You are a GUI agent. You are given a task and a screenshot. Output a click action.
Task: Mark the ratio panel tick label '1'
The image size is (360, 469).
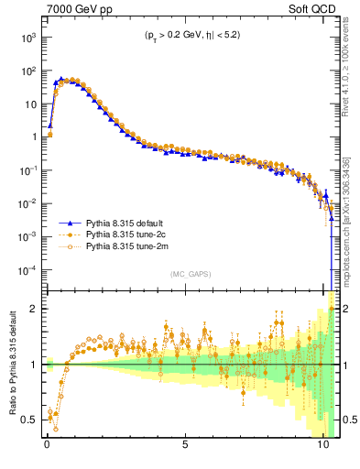(x=35, y=365)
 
